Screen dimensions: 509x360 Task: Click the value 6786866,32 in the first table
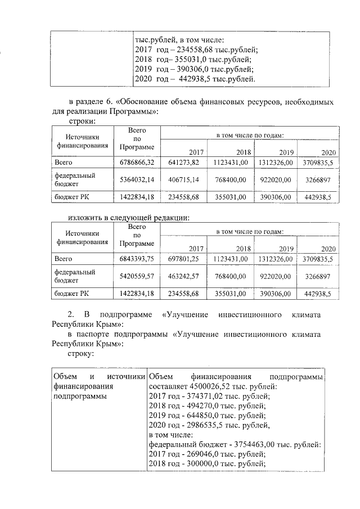(x=137, y=163)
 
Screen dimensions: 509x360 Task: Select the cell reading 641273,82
(x=184, y=163)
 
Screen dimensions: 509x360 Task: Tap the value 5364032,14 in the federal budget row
(x=137, y=179)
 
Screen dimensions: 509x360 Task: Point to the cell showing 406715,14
(x=184, y=179)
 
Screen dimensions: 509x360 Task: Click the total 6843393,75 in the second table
(x=137, y=259)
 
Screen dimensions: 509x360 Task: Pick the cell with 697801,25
(x=184, y=259)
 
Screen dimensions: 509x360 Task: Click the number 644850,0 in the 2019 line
(x=208, y=415)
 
